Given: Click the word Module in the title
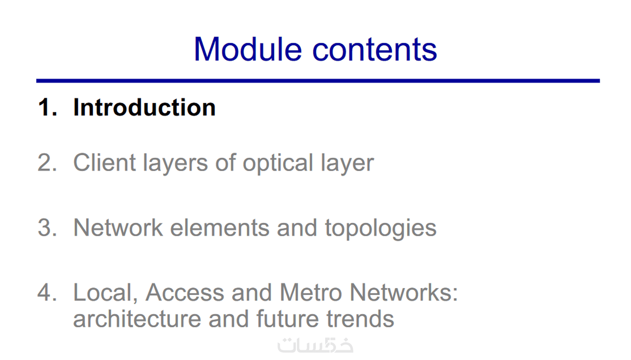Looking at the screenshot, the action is click(x=248, y=49).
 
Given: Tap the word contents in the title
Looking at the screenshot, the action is click(x=375, y=50).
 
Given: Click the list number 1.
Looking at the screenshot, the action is click(x=48, y=107).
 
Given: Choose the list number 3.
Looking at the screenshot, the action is click(x=48, y=227).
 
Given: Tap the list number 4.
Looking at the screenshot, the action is click(x=48, y=292).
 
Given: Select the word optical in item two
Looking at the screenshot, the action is click(x=278, y=163).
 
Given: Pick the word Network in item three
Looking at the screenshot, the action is click(x=118, y=228).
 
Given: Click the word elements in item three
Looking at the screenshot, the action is click(x=220, y=228).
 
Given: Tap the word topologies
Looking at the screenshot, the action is click(x=380, y=229).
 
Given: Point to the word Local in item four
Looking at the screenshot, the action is click(x=105, y=293).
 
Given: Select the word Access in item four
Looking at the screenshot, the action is click(x=185, y=292).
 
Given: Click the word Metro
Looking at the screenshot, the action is click(x=311, y=292).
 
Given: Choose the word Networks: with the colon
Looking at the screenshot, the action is click(x=404, y=292).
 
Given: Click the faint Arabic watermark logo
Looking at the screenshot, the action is click(x=315, y=346).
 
